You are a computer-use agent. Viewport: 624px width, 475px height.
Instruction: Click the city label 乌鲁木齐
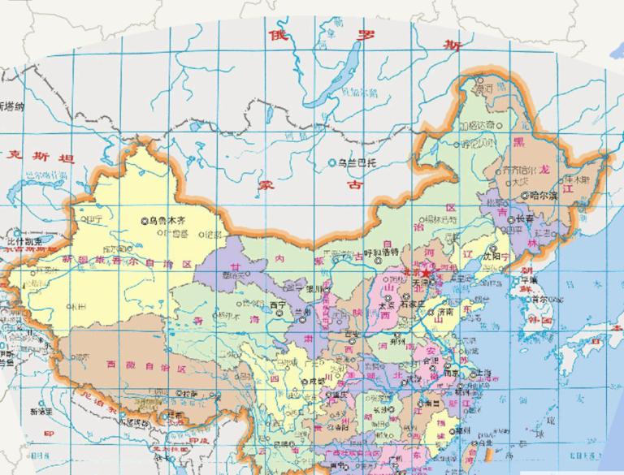click(168, 219)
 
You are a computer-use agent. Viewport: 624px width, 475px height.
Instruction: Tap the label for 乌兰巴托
click(358, 163)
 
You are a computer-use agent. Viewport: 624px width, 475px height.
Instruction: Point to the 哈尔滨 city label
click(542, 196)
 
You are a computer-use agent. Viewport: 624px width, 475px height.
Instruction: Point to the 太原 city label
click(388, 306)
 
